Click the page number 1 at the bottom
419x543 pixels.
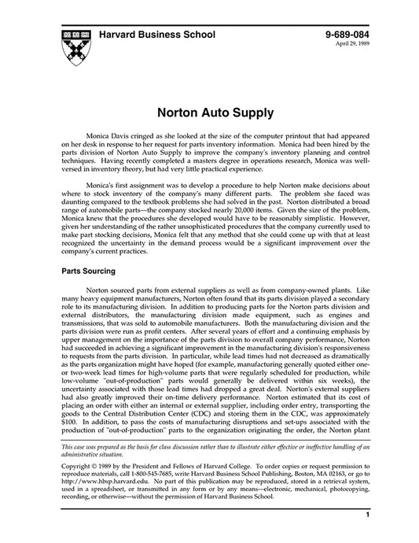coord(368,536)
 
